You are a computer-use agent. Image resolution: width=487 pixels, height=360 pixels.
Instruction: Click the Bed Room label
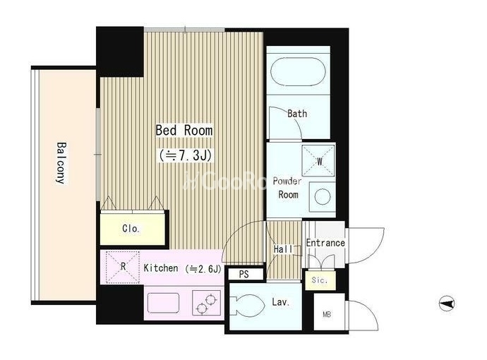184,130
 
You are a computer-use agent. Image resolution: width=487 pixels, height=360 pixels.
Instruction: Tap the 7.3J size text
185,155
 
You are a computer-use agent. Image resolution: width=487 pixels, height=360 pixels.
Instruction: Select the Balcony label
61,163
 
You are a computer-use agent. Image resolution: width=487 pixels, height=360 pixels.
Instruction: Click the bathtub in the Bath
298,71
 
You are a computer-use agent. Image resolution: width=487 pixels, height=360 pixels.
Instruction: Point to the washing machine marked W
318,161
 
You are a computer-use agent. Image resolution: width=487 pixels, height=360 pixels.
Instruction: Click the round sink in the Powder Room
322,197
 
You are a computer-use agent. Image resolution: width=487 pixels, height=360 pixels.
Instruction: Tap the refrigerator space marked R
123,267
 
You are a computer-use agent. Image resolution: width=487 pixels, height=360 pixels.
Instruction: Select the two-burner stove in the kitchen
206,303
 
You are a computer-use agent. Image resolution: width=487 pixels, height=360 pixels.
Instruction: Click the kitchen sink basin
163,303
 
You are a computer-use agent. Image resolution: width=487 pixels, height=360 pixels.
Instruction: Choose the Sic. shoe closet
320,280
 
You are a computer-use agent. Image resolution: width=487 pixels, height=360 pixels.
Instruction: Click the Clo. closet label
131,229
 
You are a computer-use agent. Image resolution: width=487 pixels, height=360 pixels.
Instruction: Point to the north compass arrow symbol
447,304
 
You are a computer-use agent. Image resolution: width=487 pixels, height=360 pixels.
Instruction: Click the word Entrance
325,243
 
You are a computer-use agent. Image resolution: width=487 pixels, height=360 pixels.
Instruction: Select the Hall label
283,248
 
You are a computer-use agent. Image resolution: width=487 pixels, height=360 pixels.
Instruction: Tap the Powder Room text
287,188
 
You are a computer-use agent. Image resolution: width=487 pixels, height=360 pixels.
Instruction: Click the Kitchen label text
161,268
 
